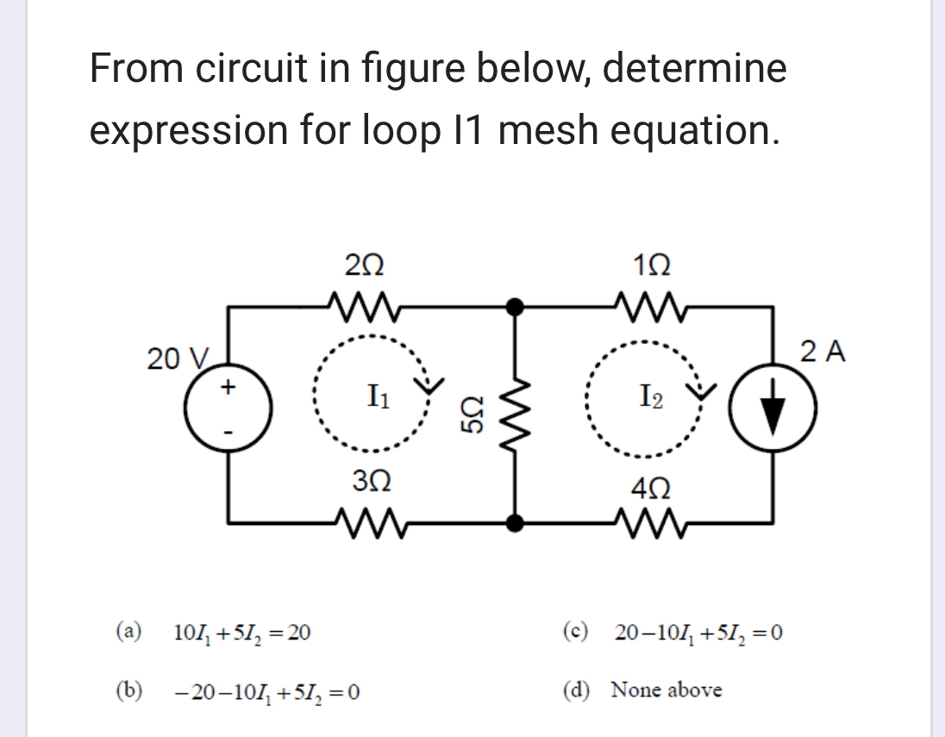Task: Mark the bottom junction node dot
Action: [x=516, y=522]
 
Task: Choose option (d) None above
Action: [x=666, y=690]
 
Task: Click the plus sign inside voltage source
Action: [x=228, y=387]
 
